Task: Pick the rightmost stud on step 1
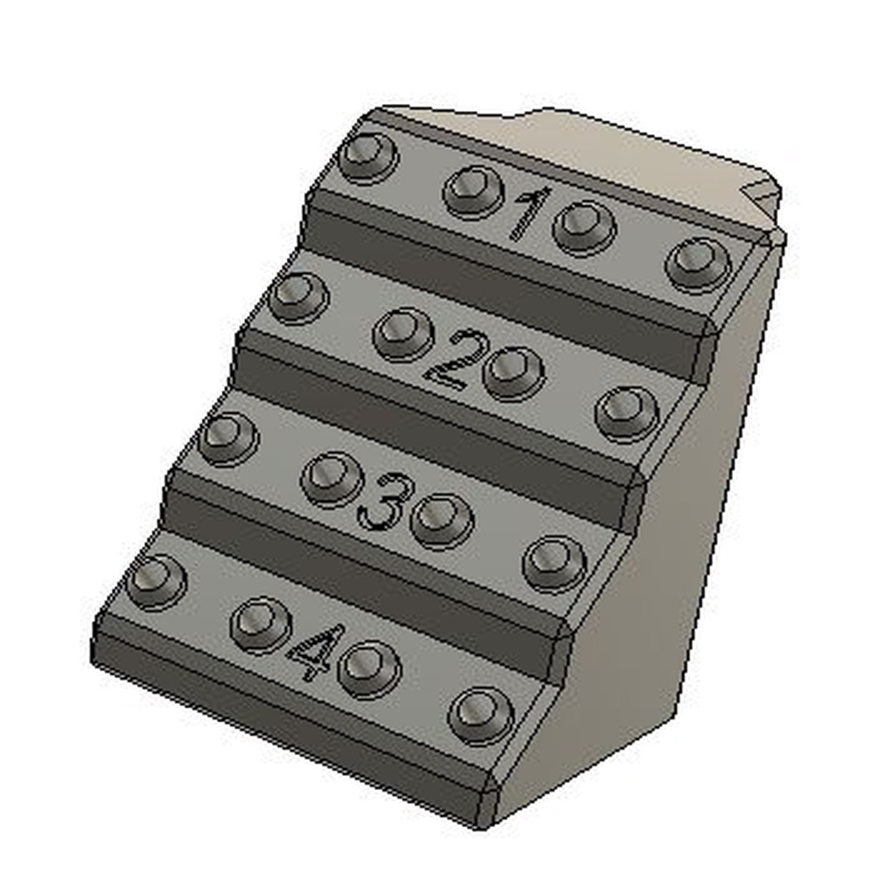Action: click(x=698, y=263)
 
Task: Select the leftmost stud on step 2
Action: click(x=298, y=297)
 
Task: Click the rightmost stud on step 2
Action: click(x=627, y=411)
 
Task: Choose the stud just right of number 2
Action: click(x=514, y=372)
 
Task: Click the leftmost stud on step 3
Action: click(x=229, y=437)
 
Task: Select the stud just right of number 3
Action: click(x=442, y=520)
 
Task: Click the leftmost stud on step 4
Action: click(x=157, y=580)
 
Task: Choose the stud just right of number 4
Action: click(x=369, y=668)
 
